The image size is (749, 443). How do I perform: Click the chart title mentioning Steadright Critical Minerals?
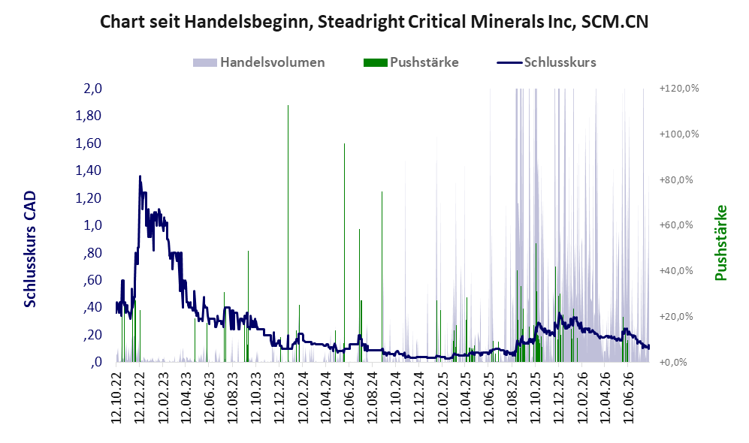pos(374,22)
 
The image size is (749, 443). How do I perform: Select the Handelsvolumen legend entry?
pos(259,62)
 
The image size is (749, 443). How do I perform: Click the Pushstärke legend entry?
pos(411,62)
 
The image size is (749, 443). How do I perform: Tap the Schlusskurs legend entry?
pos(546,62)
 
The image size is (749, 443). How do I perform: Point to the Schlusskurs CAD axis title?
pos(30,249)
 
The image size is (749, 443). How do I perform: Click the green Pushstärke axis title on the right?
pos(720,243)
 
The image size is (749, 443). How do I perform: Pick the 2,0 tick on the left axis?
pos(92,89)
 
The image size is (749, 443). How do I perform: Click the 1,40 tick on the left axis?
pos(89,170)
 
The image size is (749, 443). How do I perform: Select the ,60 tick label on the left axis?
pos(92,280)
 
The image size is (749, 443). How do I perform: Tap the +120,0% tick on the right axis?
pos(679,89)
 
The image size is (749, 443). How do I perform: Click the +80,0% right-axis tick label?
pos(676,180)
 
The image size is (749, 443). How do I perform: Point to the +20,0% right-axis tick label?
pos(676,317)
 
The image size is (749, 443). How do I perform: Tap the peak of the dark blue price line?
pos(140,176)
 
